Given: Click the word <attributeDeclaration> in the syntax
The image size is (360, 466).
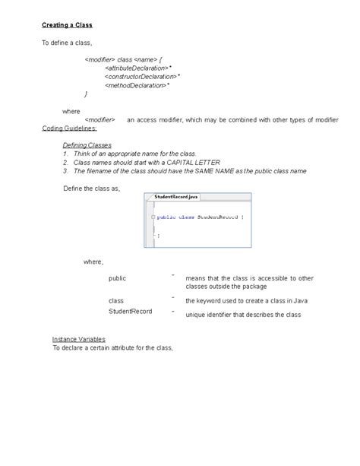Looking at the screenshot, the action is pyautogui.click(x=137, y=68).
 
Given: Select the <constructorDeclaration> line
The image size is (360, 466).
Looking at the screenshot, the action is pyautogui.click(x=139, y=76).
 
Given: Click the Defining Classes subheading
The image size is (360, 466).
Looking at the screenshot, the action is pyautogui.click(x=87, y=144).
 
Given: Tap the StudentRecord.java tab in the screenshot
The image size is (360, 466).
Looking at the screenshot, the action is pyautogui.click(x=175, y=197).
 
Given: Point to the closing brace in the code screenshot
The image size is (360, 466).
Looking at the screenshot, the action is pyautogui.click(x=158, y=236).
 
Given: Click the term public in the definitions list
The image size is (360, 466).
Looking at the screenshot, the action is pyautogui.click(x=117, y=278).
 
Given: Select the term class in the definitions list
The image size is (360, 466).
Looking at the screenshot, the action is pyautogui.click(x=115, y=300).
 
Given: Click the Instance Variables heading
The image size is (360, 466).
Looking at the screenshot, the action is pyautogui.click(x=78, y=338).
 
